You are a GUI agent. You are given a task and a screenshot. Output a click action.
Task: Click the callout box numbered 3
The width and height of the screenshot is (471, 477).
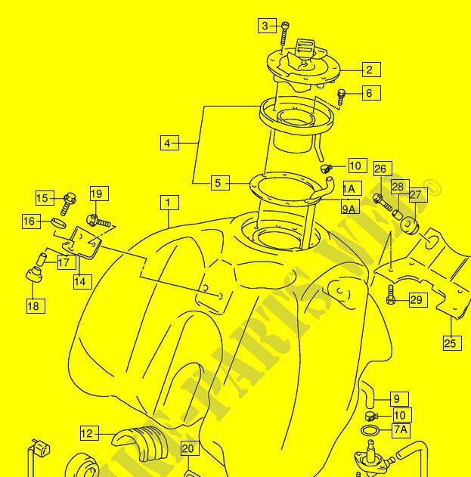(265, 26)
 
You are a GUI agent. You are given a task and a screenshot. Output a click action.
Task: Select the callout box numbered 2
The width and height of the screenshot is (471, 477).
(369, 70)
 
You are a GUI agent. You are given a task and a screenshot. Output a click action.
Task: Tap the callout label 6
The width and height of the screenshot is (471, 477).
(369, 93)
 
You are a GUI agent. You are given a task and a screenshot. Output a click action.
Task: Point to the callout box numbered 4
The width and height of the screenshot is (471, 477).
(169, 142)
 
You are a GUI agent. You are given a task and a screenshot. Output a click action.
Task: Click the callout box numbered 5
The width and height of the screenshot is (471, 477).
(218, 182)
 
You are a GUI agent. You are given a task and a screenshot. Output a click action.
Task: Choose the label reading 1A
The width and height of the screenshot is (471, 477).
(350, 188)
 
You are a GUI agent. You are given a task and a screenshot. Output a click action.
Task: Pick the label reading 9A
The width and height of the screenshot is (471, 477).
(349, 208)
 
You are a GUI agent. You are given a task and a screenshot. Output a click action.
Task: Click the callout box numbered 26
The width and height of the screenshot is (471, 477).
(380, 169)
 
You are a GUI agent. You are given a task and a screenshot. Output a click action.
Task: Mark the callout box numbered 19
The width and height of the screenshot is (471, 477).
(99, 194)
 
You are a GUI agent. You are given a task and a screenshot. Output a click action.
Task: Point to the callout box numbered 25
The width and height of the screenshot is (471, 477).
(451, 343)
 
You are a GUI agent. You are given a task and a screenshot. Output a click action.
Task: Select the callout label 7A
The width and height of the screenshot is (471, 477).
(401, 430)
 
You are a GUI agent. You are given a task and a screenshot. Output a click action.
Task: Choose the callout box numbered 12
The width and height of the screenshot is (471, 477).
(89, 433)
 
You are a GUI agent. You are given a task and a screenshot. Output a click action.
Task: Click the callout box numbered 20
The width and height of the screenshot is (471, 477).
(188, 449)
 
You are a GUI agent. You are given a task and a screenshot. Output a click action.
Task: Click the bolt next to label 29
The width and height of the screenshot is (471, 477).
(391, 296)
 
